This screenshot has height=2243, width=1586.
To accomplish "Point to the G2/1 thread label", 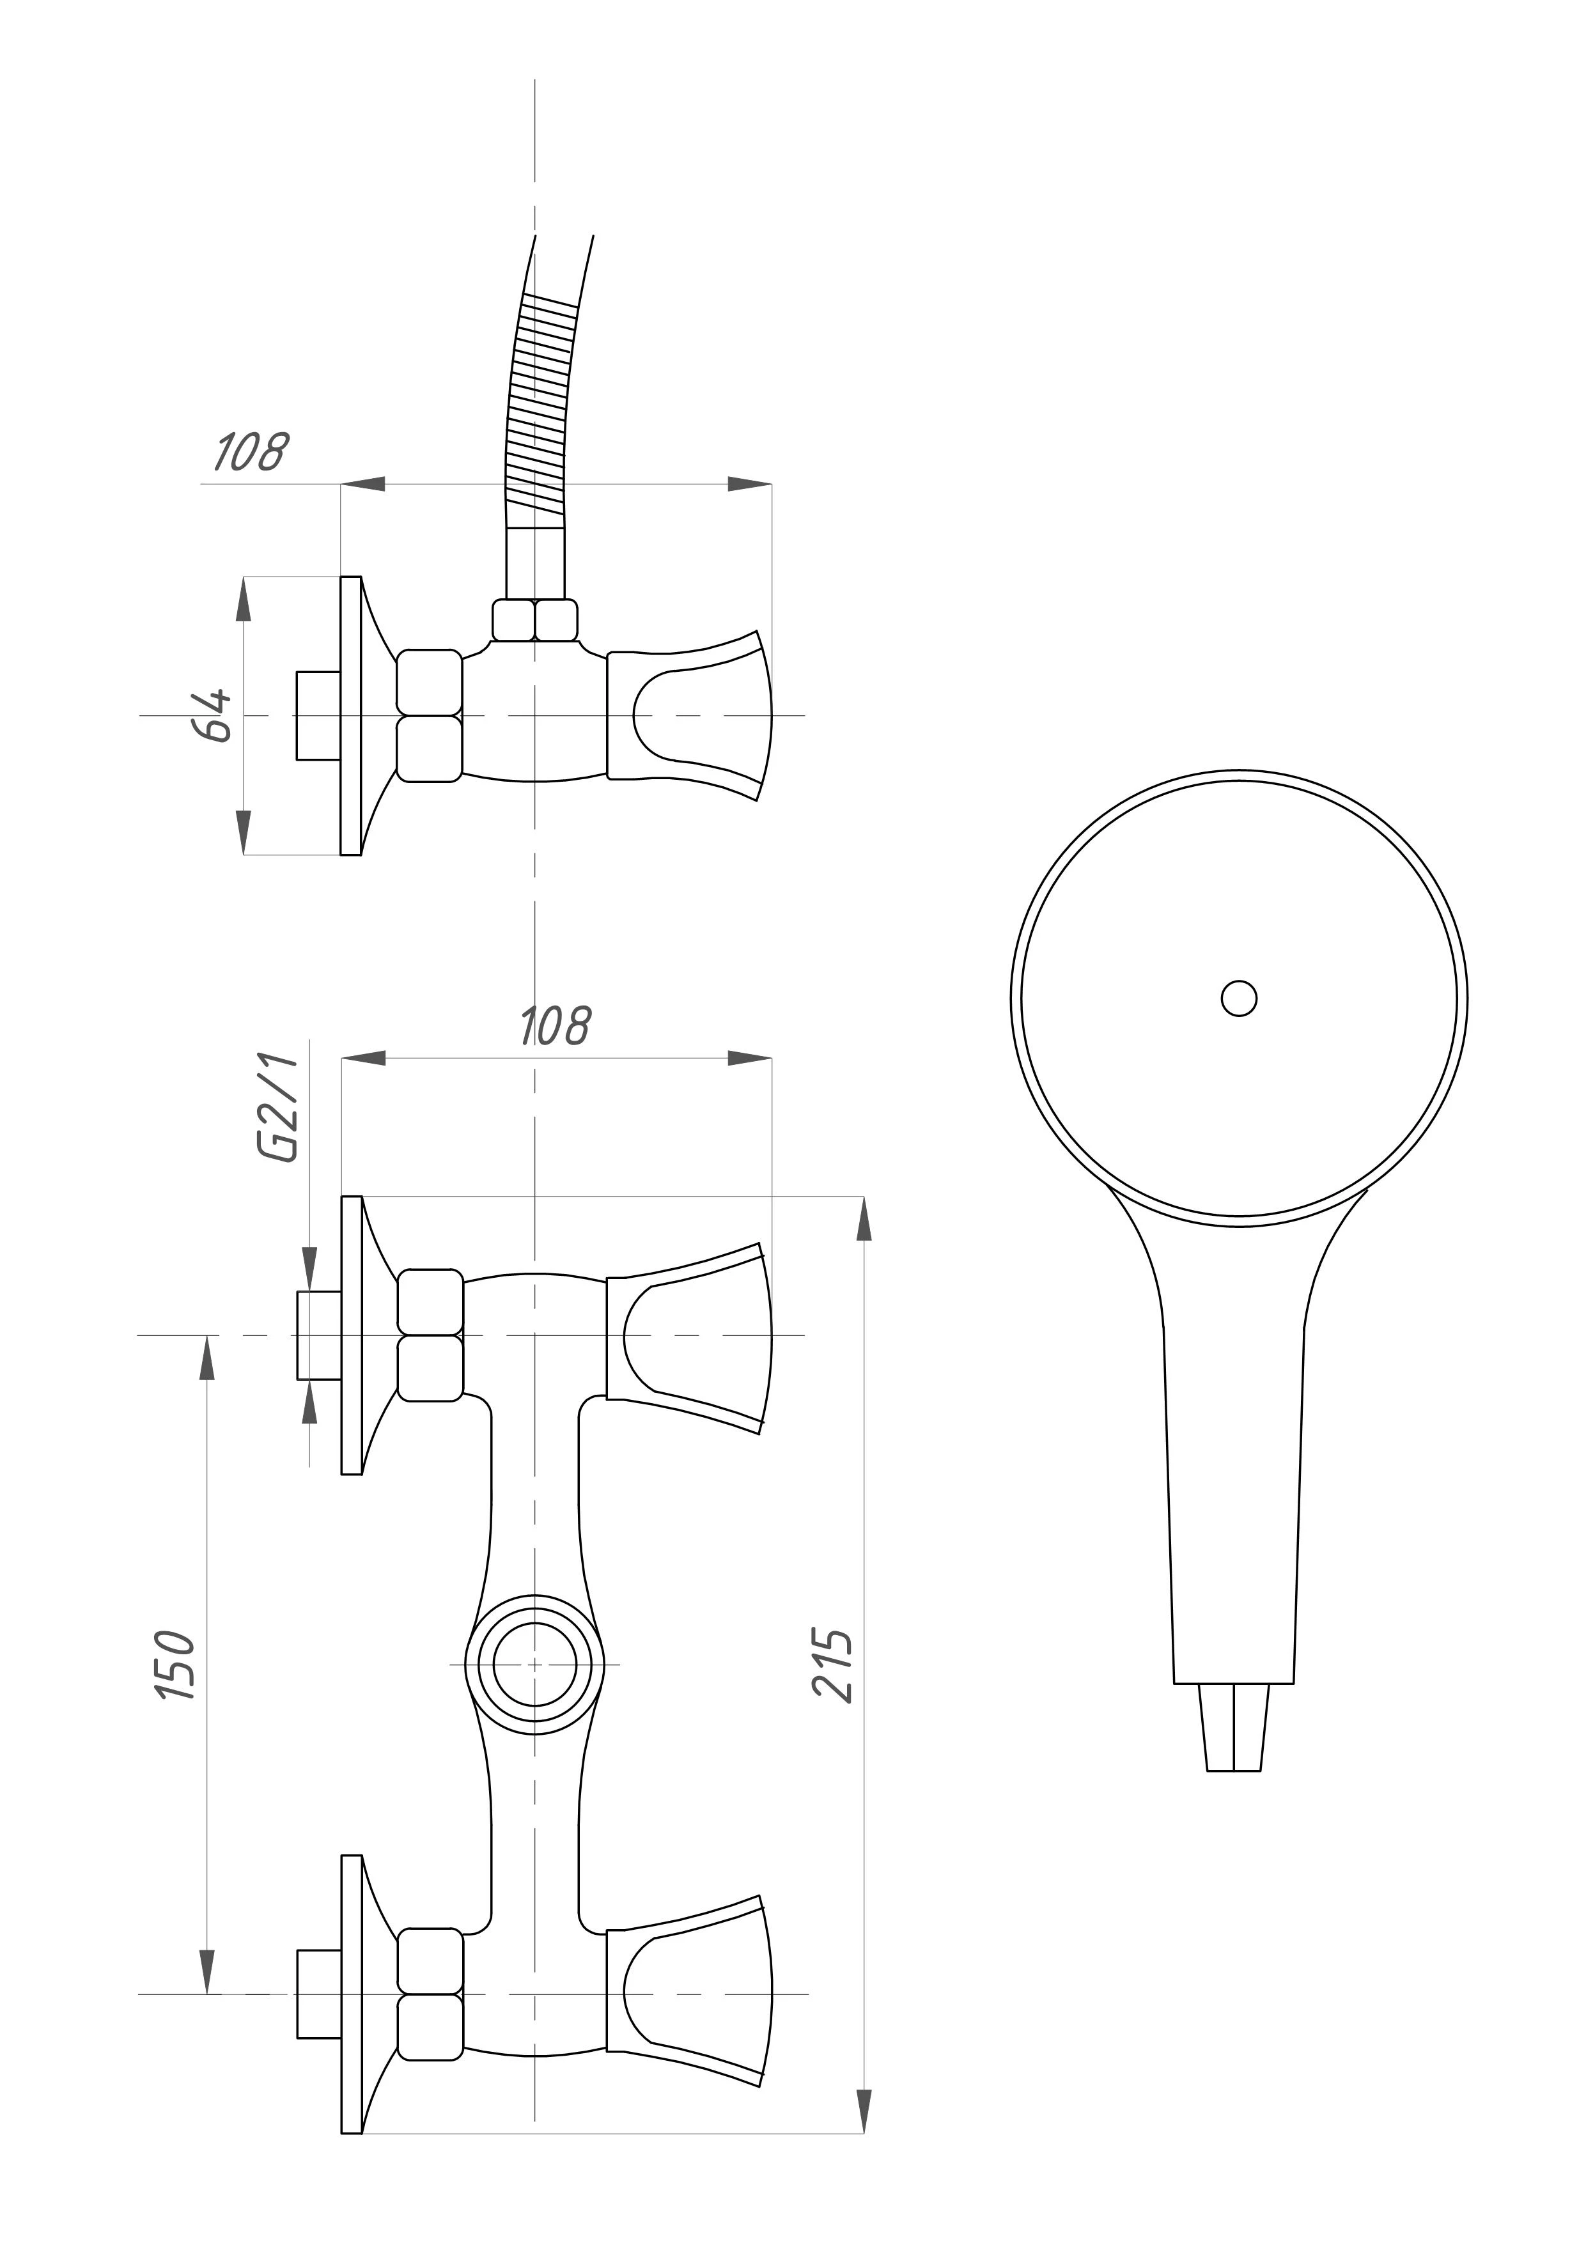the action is coord(277,1108).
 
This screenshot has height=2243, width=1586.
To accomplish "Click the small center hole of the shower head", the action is coord(1239,998).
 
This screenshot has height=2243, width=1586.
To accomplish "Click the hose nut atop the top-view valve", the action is coord(534,620).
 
